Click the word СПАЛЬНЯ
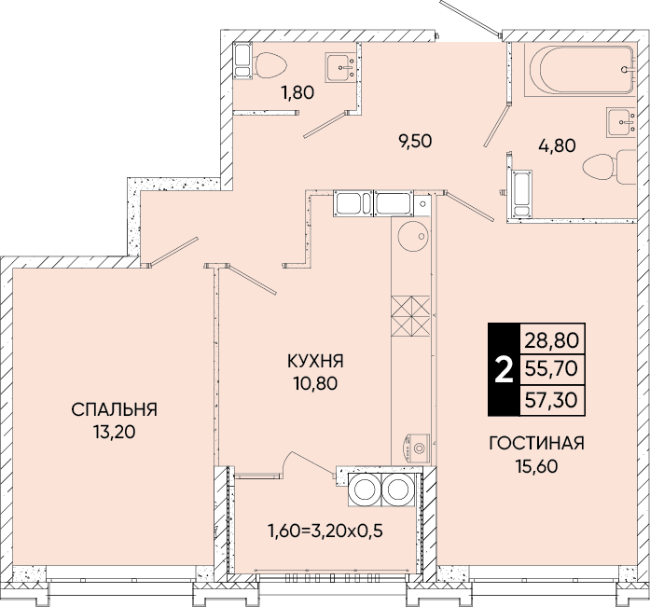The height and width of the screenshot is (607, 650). (x=114, y=409)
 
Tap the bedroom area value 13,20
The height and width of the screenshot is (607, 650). (x=115, y=432)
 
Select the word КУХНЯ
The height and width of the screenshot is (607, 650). (x=315, y=361)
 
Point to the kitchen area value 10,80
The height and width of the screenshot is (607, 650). (x=316, y=383)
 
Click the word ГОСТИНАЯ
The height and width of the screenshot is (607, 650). (x=536, y=443)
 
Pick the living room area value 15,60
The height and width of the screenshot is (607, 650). (x=537, y=466)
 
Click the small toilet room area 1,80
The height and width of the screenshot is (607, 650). (x=297, y=92)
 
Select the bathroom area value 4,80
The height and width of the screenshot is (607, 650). (x=557, y=145)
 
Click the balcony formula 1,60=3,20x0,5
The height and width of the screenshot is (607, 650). (x=325, y=530)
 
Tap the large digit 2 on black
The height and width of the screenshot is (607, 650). (x=505, y=370)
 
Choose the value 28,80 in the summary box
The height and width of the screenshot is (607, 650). (x=551, y=340)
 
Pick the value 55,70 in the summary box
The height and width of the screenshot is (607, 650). (x=551, y=368)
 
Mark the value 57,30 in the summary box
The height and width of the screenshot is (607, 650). (x=551, y=400)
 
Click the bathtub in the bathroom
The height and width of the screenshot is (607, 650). (x=579, y=69)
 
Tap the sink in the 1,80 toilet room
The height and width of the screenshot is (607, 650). (x=340, y=67)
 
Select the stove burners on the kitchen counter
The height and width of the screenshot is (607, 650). (x=410, y=316)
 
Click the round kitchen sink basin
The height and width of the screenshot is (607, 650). (x=411, y=236)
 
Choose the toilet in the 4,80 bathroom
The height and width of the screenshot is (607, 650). (x=609, y=167)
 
